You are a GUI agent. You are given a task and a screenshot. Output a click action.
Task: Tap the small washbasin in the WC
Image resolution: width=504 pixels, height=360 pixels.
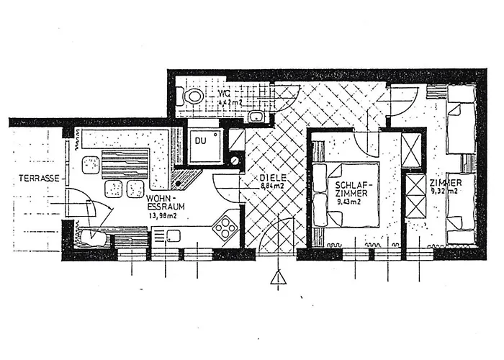[x=255, y=118]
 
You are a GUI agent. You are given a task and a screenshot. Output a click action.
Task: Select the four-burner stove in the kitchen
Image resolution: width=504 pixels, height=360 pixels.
[x=225, y=228]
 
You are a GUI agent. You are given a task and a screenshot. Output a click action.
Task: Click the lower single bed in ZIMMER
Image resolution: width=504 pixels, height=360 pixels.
[x=459, y=209]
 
